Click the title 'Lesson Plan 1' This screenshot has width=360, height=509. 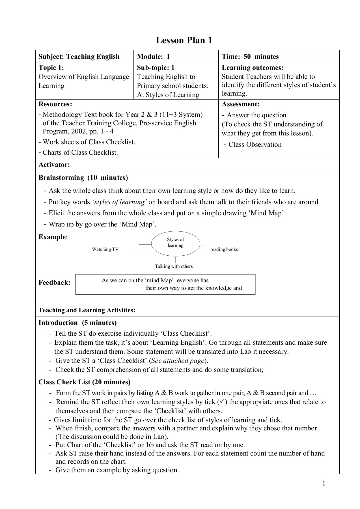pyautogui.click(x=184, y=40)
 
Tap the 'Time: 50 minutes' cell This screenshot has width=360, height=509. pyautogui.click(x=250, y=57)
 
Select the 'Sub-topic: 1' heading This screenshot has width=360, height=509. pyautogui.click(x=156, y=68)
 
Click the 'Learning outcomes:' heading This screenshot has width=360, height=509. pyautogui.click(x=252, y=68)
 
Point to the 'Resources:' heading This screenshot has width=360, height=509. pyautogui.click(x=55, y=104)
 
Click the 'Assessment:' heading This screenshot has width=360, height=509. pyautogui.click(x=240, y=104)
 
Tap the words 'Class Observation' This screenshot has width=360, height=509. pyautogui.click(x=255, y=144)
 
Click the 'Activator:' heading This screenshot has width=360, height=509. pyautogui.click(x=54, y=165)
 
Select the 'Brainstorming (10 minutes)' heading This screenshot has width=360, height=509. pyautogui.click(x=83, y=178)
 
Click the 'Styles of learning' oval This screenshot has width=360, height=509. pyautogui.click(x=176, y=243)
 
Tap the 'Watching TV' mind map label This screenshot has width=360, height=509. pyautogui.click(x=105, y=249)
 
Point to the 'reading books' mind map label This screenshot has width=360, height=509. pyautogui.click(x=224, y=249)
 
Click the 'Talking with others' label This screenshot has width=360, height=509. pyautogui.click(x=174, y=266)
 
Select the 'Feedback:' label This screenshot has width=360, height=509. pyautogui.click(x=54, y=282)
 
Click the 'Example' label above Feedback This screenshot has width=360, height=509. pyautogui.click(x=52, y=237)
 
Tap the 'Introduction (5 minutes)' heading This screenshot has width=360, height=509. pyautogui.click(x=77, y=323)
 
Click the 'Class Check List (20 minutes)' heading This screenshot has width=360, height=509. pyautogui.click(x=84, y=382)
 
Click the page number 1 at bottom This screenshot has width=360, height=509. pyautogui.click(x=324, y=484)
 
